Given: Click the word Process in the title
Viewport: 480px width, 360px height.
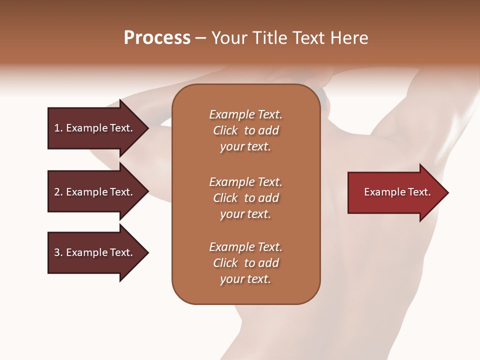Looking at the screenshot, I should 157,38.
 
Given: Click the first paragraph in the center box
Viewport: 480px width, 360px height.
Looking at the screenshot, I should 245,130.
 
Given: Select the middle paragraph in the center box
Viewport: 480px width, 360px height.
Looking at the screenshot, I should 245,198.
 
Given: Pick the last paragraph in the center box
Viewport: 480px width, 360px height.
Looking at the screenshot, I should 245,263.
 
